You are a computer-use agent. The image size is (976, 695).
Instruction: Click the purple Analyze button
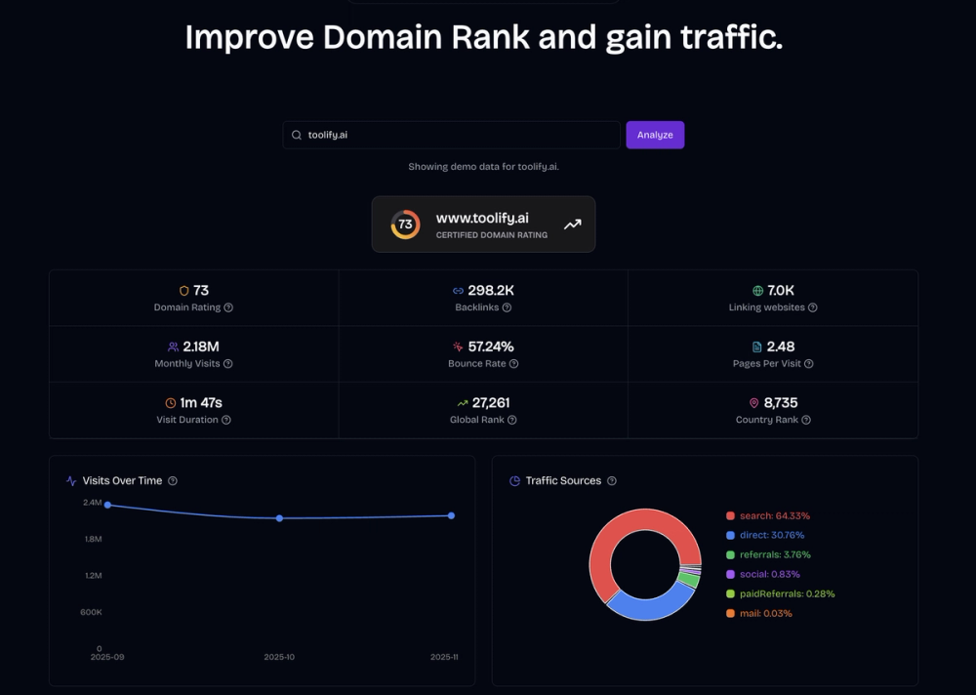[655, 135]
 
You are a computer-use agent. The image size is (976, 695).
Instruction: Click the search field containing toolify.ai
[451, 135]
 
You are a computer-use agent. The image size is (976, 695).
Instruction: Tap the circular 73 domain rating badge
[405, 225]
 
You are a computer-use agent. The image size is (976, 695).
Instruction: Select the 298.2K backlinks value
[491, 291]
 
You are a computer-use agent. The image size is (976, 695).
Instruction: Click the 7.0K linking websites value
[781, 291]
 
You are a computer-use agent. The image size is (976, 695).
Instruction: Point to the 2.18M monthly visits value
[201, 347]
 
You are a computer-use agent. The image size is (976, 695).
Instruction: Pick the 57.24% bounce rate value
[491, 347]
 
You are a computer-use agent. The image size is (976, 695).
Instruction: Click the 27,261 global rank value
[491, 402]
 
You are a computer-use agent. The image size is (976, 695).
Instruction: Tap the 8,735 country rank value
[781, 402]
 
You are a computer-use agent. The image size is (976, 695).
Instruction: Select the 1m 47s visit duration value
[201, 402]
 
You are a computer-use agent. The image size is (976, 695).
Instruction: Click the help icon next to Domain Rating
[228, 307]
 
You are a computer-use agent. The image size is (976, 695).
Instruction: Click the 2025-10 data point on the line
[279, 518]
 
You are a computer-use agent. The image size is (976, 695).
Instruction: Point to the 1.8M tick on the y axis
[93, 539]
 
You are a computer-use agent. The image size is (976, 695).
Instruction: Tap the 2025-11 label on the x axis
[444, 657]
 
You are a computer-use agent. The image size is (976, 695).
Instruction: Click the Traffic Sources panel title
[563, 480]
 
